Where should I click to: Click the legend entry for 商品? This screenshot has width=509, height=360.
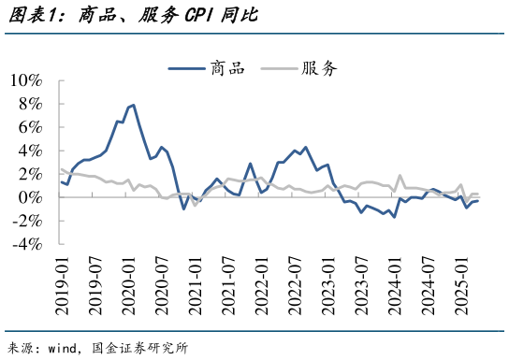[x=227, y=67]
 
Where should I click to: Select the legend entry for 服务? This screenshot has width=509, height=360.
[x=318, y=67]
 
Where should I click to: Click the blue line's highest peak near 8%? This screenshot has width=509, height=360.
[x=133, y=105]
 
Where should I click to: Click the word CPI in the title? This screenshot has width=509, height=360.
[x=182, y=16]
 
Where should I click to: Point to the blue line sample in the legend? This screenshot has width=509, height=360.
[x=187, y=67]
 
